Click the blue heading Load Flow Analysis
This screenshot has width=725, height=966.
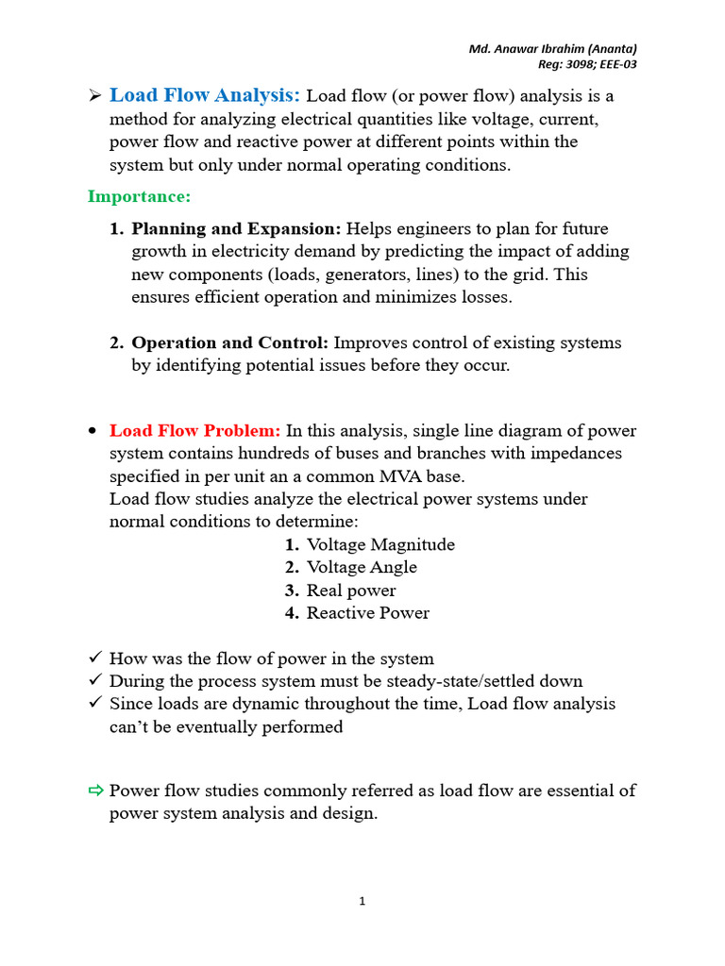pos(205,95)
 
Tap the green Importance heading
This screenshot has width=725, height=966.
pos(139,196)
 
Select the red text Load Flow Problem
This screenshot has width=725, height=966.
pos(194,431)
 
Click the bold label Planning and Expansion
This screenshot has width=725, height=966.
pos(236,229)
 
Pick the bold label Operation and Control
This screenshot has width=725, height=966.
pos(229,342)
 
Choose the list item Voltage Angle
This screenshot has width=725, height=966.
pos(362,567)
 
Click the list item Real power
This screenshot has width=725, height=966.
pos(351,591)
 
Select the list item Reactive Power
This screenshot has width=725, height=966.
pos(368,613)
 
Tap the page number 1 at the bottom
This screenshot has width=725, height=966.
pos(362,901)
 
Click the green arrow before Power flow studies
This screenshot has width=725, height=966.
pos(95,791)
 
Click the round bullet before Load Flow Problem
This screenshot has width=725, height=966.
pos(93,431)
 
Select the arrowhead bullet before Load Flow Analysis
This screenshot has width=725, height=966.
pos(94,95)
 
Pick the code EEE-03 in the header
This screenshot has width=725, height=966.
pos(628,64)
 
